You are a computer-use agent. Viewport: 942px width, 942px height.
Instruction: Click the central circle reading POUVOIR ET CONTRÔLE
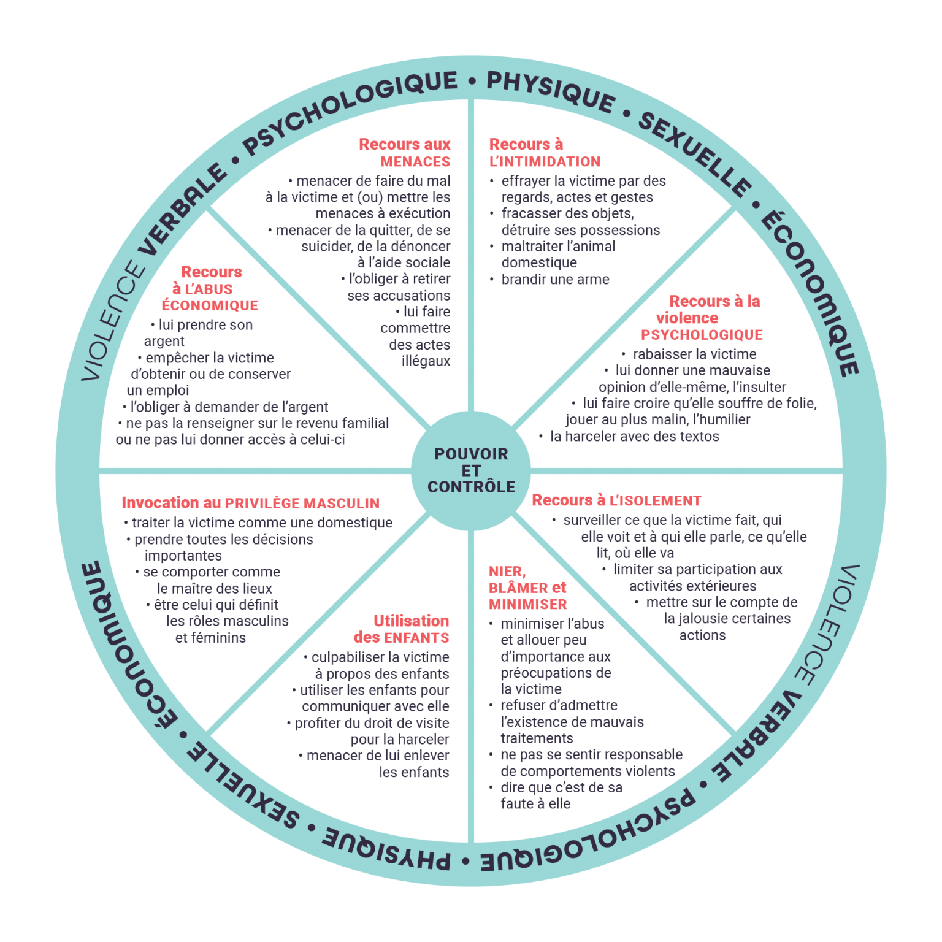pos(471,470)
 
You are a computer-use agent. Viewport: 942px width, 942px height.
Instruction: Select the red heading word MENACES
pos(415,162)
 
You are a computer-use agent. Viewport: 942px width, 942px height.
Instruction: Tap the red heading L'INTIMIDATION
pos(545,162)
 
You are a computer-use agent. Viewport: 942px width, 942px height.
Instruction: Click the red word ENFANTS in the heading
pos(416,638)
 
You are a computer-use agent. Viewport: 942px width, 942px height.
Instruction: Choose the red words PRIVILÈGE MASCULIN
pos(302,504)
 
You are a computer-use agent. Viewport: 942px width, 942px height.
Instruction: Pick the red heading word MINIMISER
pos(528,605)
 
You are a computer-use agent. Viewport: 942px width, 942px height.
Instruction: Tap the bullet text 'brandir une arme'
pos(555,280)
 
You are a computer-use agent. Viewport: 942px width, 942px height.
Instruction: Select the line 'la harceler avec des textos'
pos(634,437)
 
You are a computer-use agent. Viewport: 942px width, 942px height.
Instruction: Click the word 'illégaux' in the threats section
pos(426,361)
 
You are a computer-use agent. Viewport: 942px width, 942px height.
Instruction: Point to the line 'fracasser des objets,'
pos(567,213)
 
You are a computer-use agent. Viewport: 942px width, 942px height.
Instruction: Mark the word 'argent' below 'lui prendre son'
pos(164,342)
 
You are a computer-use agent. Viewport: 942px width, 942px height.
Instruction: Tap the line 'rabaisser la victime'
pos(694,354)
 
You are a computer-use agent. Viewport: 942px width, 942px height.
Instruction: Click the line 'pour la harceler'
pos(399,740)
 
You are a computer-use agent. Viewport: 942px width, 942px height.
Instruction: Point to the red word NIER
pos(506,572)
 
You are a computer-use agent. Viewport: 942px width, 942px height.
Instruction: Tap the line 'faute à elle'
pos(535,804)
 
